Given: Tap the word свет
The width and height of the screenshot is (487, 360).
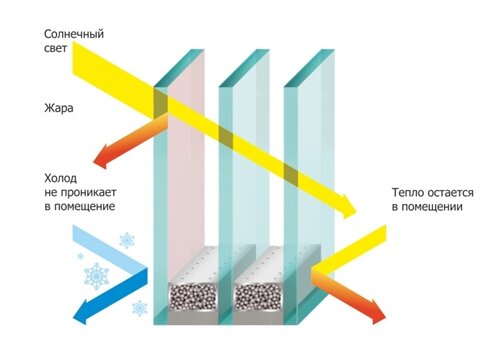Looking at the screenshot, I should coord(56,51).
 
